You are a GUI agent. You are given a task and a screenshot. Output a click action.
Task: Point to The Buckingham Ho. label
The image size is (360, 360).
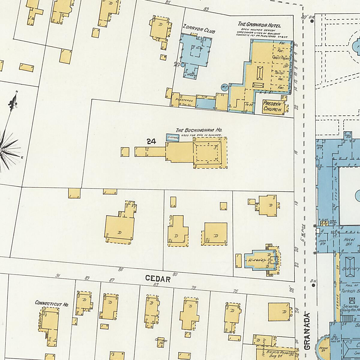199,130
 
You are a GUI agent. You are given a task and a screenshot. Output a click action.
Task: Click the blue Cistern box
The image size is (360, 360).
173,138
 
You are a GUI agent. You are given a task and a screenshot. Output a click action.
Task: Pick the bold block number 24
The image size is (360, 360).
151,142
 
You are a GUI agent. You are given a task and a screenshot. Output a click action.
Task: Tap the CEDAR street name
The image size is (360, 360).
158,279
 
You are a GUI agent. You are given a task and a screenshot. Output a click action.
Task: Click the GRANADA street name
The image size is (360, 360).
307,331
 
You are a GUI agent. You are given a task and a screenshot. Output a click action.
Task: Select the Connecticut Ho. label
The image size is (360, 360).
52,303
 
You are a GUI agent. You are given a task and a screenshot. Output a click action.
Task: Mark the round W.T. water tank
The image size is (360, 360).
224,87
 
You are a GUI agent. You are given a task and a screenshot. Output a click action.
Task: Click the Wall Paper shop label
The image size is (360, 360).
280,58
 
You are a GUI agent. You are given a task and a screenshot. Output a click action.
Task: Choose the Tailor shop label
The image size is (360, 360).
279,73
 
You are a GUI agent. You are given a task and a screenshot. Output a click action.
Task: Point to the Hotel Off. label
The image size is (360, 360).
349,242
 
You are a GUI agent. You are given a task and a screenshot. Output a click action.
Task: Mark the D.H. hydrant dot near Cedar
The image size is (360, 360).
313,285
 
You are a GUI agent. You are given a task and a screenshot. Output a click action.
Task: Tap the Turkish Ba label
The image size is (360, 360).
350,291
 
